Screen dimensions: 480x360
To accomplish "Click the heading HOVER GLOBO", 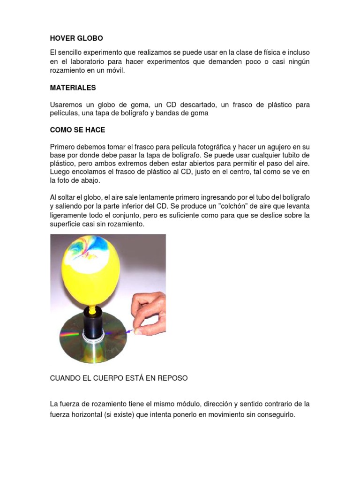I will tap(76, 38).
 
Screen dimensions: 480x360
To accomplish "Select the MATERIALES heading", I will tap(73, 88).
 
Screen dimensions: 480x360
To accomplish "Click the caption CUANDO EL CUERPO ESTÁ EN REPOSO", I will tap(119, 378).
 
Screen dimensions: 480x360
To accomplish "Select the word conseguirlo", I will tap(272, 414).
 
